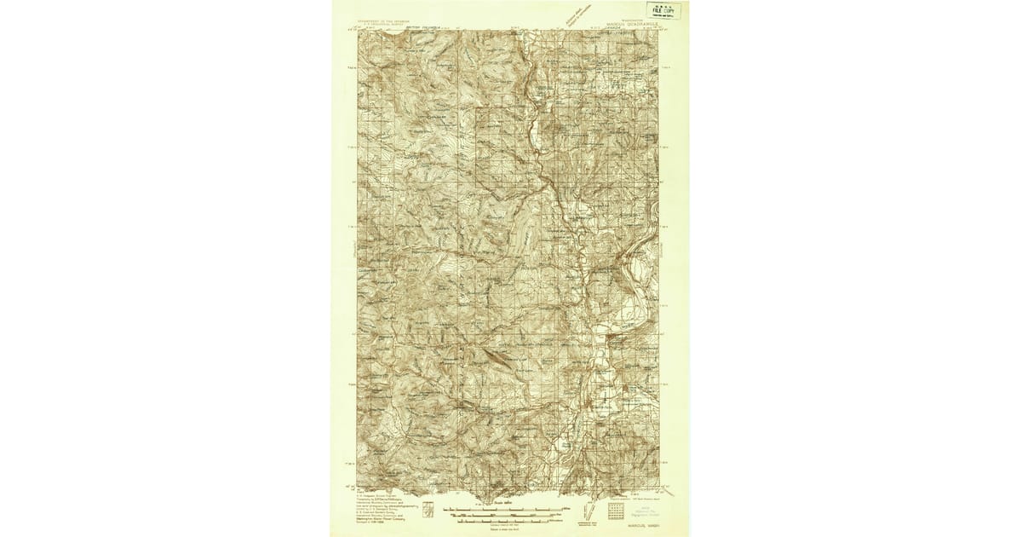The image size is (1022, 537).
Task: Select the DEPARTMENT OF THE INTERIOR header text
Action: tap(388, 17)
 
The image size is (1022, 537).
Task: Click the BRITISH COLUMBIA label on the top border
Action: tap(429, 27)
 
